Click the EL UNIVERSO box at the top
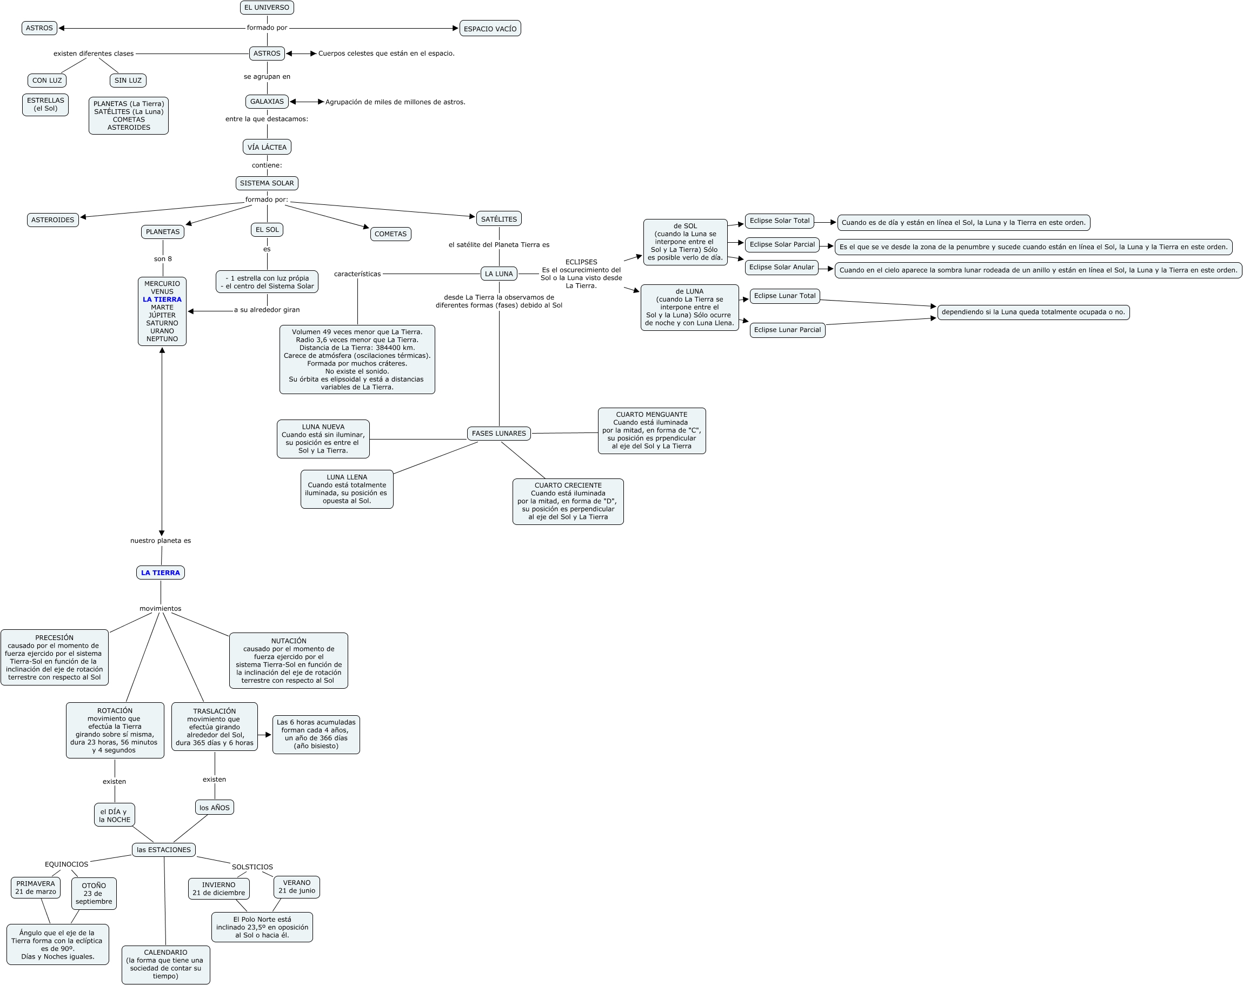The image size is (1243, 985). click(x=267, y=8)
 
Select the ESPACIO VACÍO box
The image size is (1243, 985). click(x=490, y=29)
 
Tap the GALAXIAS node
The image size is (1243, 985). click(x=267, y=102)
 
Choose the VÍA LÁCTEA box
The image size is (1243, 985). click(x=267, y=147)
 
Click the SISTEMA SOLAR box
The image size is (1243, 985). click(x=267, y=183)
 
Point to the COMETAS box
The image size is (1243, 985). click(x=390, y=234)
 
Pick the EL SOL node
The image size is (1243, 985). click(x=267, y=229)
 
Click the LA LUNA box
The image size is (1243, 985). click(x=498, y=274)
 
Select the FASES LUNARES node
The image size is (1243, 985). click(x=498, y=434)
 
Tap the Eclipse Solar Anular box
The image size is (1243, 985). click(x=781, y=268)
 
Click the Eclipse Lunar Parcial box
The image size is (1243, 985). click(x=787, y=330)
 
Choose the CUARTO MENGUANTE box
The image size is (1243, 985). click(x=652, y=430)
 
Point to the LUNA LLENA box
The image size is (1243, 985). click(x=347, y=489)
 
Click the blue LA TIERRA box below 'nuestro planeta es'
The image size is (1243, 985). click(x=160, y=573)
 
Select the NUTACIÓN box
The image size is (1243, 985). click(x=288, y=661)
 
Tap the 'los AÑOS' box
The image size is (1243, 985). click(x=215, y=808)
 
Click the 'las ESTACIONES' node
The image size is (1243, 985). click(x=164, y=849)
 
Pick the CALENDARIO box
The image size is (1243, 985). click(x=165, y=964)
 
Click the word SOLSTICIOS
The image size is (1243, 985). click(x=252, y=867)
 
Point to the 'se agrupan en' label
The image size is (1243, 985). click(x=267, y=77)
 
